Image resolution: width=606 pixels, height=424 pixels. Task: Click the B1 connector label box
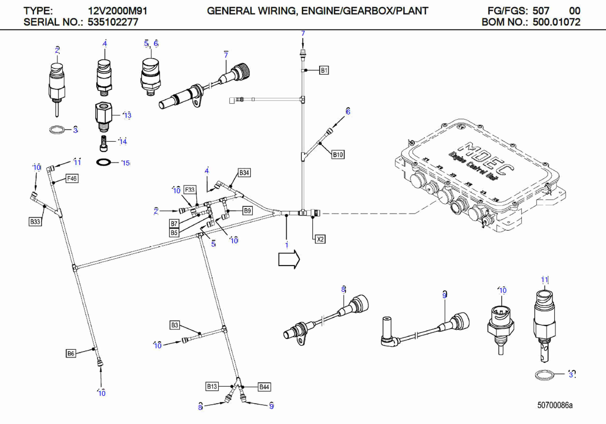324,70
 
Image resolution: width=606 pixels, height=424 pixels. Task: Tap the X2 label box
320,239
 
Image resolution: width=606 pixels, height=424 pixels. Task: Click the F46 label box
72,179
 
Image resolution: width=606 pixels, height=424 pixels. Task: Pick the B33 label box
35,221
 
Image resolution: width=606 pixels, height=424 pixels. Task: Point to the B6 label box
71,353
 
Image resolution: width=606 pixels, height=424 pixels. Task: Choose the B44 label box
264,387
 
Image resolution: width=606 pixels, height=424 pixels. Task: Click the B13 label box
212,387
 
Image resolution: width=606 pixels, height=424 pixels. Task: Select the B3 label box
174,325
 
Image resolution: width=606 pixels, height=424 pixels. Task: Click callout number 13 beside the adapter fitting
128,115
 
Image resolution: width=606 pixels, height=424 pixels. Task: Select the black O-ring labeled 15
104,162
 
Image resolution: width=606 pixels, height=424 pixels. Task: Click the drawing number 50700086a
555,405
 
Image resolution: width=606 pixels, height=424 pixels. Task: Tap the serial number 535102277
113,22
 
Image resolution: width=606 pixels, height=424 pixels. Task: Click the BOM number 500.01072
556,22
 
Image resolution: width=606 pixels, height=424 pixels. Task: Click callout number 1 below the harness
287,245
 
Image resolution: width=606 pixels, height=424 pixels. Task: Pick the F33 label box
190,190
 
